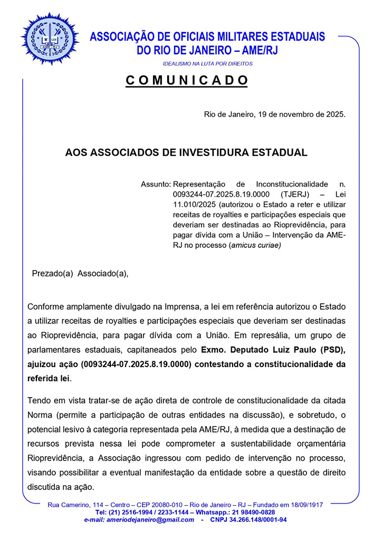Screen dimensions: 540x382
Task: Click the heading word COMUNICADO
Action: click(187, 81)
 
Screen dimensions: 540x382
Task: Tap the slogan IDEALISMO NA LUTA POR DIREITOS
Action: click(207, 64)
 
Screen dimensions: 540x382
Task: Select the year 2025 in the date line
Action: click(335, 114)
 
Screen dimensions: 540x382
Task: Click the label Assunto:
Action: click(156, 185)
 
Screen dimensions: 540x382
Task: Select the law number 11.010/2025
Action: click(195, 205)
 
